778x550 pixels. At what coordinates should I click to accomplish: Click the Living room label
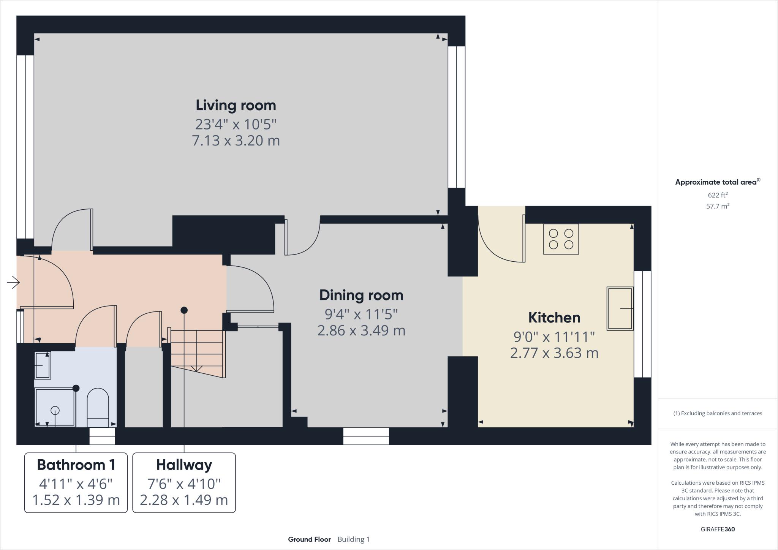236,105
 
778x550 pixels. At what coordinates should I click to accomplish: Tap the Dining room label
361,295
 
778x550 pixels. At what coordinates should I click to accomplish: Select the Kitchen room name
554,318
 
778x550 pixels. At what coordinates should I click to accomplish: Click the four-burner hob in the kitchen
561,239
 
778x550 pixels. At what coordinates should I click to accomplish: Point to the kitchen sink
620,308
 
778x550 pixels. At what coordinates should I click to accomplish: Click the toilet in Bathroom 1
98,408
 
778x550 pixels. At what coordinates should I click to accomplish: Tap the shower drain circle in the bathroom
55,410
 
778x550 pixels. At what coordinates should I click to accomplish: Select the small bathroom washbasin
43,365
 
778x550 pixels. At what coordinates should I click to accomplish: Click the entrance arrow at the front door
13,282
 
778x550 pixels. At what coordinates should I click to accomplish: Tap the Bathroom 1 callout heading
76,465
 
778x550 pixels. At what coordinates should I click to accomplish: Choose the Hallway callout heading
184,465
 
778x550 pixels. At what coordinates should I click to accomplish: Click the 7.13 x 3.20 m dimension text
236,141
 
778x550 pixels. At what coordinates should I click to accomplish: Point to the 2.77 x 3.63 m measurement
554,353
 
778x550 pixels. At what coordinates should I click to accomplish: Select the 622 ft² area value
718,195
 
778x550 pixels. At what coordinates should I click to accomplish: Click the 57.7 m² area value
718,206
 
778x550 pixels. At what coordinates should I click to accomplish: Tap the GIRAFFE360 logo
718,529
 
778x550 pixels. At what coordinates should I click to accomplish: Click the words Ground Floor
309,539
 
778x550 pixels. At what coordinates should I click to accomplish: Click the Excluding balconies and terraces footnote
718,413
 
